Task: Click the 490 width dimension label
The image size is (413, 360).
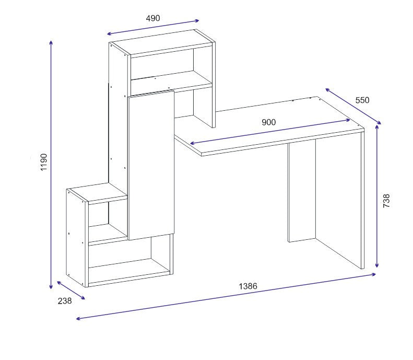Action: click(152, 18)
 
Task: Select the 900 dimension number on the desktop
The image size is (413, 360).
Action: click(268, 122)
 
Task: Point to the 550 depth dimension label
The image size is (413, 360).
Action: click(362, 100)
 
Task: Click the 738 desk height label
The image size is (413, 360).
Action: click(386, 201)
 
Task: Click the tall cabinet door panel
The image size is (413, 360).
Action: click(150, 165)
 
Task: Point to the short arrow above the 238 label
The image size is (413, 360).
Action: click(70, 291)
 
